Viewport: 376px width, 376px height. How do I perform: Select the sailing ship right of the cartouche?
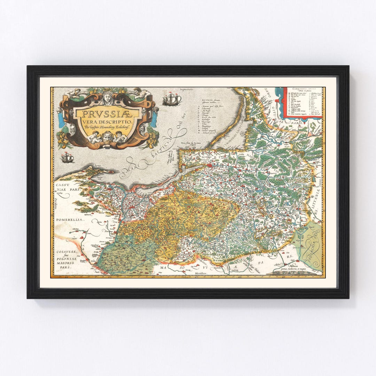click(x=172, y=100)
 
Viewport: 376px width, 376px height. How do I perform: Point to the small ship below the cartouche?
click(x=67, y=158)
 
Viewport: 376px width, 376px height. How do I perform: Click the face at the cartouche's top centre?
click(x=107, y=96)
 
